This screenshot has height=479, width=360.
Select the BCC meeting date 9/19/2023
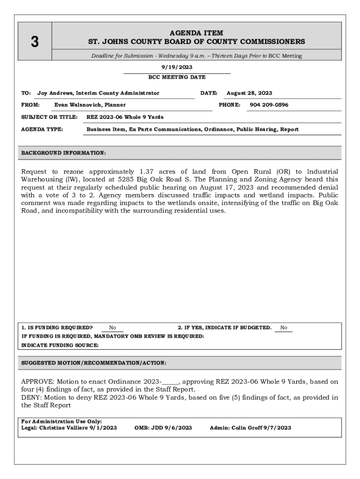[x=177, y=67]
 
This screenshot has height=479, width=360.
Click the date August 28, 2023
[x=249, y=93]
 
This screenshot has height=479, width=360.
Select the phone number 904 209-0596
[x=269, y=105]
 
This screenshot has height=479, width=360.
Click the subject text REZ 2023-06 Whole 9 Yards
[x=125, y=117]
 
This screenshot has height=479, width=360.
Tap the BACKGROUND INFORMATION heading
[x=64, y=153]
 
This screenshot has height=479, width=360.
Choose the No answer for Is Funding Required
[x=113, y=328]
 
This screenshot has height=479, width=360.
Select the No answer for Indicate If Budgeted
[x=284, y=328]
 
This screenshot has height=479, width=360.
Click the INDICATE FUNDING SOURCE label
[x=60, y=345]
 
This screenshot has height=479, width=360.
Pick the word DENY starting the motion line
[x=31, y=398]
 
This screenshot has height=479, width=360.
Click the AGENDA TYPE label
[x=42, y=129]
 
